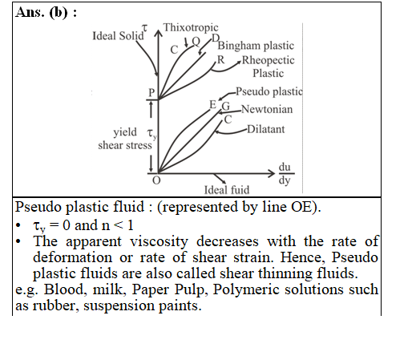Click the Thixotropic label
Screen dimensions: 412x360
point(191,27)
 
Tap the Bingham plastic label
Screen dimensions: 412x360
point(256,46)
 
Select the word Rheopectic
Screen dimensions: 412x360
point(269,60)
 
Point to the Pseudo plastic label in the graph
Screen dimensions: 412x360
point(269,91)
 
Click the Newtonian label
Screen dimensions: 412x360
point(267,109)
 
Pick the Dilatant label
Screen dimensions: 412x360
point(266,129)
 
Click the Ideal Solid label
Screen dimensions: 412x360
point(118,36)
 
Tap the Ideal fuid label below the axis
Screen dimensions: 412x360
point(227,190)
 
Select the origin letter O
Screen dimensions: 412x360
point(156,180)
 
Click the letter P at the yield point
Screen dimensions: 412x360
point(151,92)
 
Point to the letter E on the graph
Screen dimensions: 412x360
point(212,105)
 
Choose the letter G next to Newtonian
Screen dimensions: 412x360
point(226,107)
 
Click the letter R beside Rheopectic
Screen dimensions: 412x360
point(220,60)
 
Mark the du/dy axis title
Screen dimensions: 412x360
point(285,173)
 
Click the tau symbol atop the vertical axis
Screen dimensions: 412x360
point(144,27)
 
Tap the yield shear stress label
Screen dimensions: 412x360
point(125,139)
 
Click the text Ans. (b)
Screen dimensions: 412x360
point(46,12)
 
